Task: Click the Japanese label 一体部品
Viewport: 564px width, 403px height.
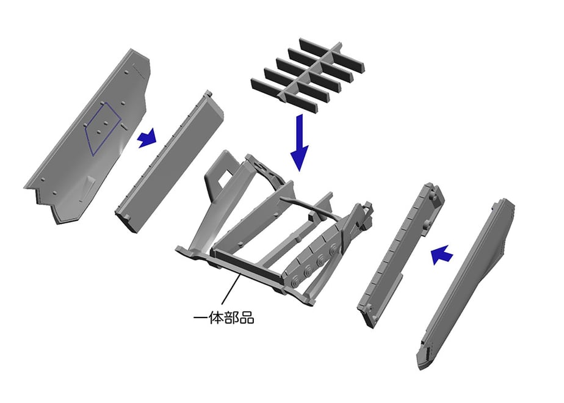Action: [223, 318]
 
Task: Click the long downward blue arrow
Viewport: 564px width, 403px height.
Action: [299, 142]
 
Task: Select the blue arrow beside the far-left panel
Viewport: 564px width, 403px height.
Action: [147, 138]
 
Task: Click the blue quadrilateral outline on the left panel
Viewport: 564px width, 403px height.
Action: [103, 129]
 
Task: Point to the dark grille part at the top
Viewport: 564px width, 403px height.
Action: [308, 75]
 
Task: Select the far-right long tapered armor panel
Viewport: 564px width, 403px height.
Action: [465, 285]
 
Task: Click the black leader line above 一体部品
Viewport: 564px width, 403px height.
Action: [231, 289]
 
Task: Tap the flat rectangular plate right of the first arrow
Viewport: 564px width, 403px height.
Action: [170, 162]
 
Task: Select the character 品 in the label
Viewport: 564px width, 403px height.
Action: [247, 318]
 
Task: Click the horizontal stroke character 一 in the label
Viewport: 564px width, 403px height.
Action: [200, 318]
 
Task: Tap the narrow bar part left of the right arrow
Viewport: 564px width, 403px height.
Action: [400, 255]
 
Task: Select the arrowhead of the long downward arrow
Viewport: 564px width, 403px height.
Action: [299, 158]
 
